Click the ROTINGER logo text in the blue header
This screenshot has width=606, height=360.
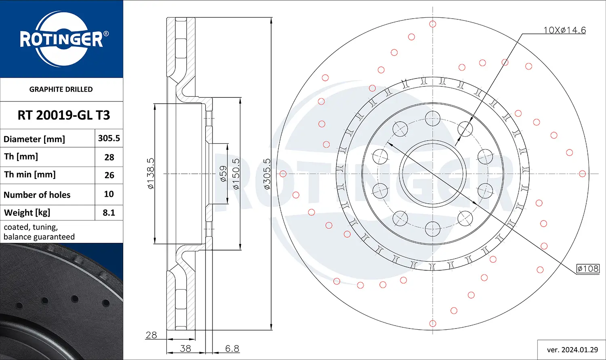(61, 40)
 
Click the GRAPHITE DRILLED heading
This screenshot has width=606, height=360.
(61, 89)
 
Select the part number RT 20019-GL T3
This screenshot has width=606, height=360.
(63, 115)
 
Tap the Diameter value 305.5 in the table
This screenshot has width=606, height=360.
(109, 138)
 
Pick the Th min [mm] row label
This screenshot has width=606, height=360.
(30, 175)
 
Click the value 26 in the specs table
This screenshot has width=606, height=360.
(109, 175)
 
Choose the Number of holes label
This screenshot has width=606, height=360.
(37, 195)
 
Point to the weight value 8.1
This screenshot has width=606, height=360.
(109, 213)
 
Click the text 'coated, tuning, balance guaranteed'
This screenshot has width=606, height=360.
(39, 232)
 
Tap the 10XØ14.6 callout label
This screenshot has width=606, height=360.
(564, 30)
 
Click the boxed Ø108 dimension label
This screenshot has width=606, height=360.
(588, 269)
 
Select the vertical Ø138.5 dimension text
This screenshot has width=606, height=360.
(151, 174)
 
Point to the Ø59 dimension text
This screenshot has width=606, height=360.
(223, 174)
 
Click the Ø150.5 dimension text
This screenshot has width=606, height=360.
(236, 174)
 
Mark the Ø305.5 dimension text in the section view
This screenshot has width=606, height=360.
(267, 174)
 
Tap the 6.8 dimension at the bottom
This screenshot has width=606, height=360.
(232, 348)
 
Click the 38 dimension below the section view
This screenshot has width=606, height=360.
(185, 348)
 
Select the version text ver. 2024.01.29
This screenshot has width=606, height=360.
(572, 350)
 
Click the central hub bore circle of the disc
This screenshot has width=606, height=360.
(433, 174)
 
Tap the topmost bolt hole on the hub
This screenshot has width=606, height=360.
(433, 119)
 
